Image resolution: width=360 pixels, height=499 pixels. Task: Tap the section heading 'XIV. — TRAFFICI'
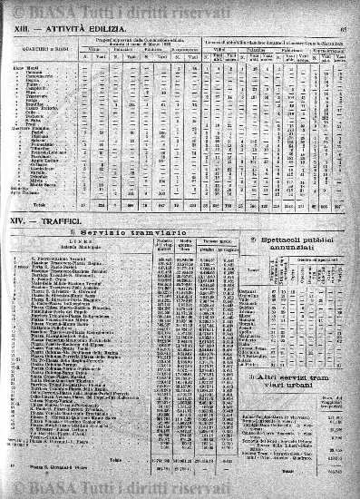point(45,219)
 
